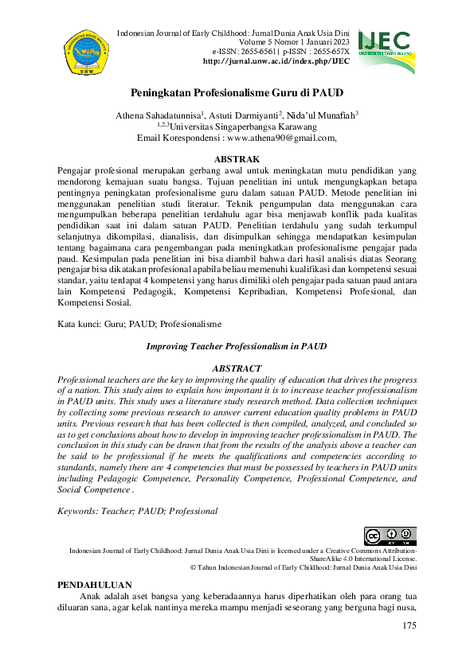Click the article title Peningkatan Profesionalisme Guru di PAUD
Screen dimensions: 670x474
tap(237, 92)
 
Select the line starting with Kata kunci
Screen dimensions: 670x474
tap(140, 325)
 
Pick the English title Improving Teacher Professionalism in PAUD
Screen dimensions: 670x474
tap(237, 347)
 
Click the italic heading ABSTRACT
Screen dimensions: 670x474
tap(237, 369)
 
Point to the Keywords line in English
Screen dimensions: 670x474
tap(138, 511)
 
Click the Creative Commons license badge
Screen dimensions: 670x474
tap(390, 537)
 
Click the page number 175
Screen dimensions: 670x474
tap(409, 626)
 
